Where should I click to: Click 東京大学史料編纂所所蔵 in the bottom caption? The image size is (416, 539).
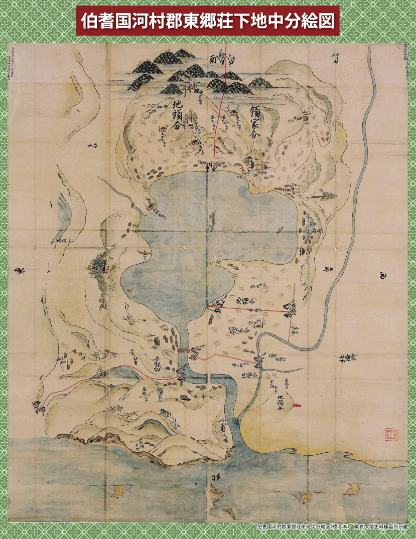381,527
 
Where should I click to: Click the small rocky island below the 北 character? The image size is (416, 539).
217,496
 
